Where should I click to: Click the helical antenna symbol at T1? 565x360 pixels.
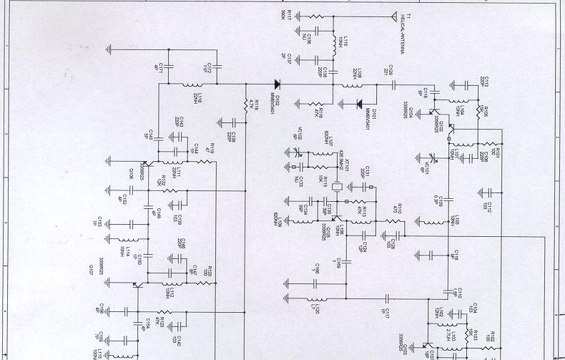393,16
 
